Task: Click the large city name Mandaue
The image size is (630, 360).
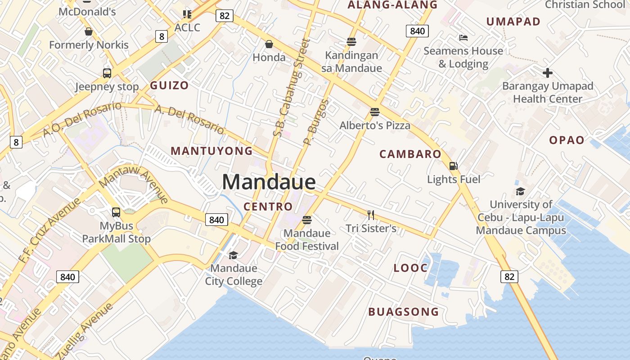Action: [269, 182]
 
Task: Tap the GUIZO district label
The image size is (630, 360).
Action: [169, 85]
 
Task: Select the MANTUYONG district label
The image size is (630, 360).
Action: [211, 151]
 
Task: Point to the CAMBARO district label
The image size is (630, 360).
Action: [410, 154]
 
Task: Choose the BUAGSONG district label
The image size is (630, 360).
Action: [403, 311]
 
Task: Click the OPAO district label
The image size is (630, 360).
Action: [567, 140]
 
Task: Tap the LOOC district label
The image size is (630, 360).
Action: [410, 268]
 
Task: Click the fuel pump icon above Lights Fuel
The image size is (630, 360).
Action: [453, 166]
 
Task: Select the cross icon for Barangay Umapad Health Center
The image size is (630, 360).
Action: [547, 72]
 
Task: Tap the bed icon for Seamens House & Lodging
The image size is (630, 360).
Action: [463, 38]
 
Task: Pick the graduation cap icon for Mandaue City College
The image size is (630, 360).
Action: [233, 255]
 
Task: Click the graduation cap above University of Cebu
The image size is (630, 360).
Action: [520, 191]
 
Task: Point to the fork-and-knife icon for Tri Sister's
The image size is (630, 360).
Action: [371, 215]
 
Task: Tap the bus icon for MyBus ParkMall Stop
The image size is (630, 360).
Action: [116, 212]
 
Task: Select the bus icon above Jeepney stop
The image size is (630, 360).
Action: [107, 73]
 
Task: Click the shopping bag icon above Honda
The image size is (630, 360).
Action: [269, 44]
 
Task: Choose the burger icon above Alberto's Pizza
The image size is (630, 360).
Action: [375, 112]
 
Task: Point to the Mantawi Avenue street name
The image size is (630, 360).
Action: [134, 185]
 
